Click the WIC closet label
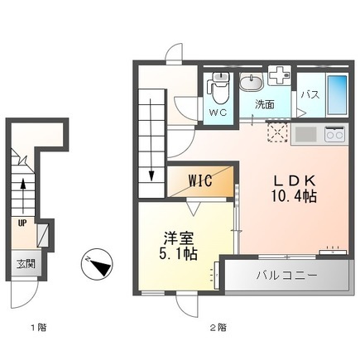[200, 181]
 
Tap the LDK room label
[294, 181]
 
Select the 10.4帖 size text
[294, 196]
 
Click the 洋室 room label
[179, 238]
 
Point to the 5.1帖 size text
[178, 254]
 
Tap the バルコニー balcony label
[287, 276]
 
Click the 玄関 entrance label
[26, 265]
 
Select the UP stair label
[22, 223]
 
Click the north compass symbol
[98, 263]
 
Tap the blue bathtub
[337, 96]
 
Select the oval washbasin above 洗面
[252, 82]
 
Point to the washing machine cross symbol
[279, 75]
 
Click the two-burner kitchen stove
[335, 134]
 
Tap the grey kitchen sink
[305, 134]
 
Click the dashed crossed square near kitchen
[277, 132]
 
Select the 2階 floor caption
[218, 328]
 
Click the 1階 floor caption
[38, 328]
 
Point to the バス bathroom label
[310, 94]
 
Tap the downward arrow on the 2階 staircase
[151, 140]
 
